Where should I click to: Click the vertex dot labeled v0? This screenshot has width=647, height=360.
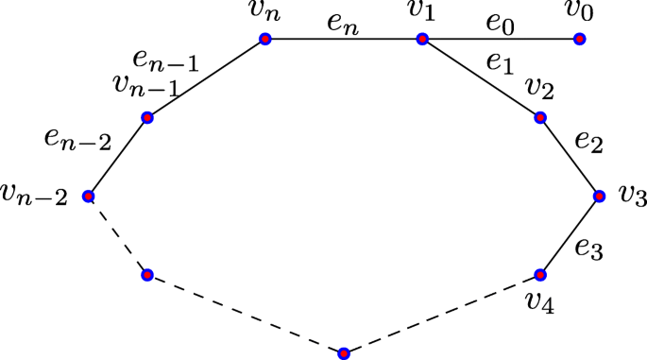pos(579,40)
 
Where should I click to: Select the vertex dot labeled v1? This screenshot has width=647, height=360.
pos(422,40)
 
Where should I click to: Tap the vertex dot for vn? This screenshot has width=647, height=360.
pos(265,40)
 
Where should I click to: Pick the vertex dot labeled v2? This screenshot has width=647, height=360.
pos(540,118)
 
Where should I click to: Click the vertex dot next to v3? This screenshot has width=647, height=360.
pos(599,197)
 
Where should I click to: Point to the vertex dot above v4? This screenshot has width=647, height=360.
pos(540,275)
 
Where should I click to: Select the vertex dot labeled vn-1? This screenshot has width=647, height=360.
pos(147,118)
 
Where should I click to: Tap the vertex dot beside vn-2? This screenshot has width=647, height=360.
pos(88,197)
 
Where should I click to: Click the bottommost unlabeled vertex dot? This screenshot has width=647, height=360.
pos(344,353)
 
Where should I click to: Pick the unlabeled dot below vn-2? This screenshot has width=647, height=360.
pos(147,275)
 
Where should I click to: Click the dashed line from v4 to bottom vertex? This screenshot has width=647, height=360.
pos(442,315)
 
